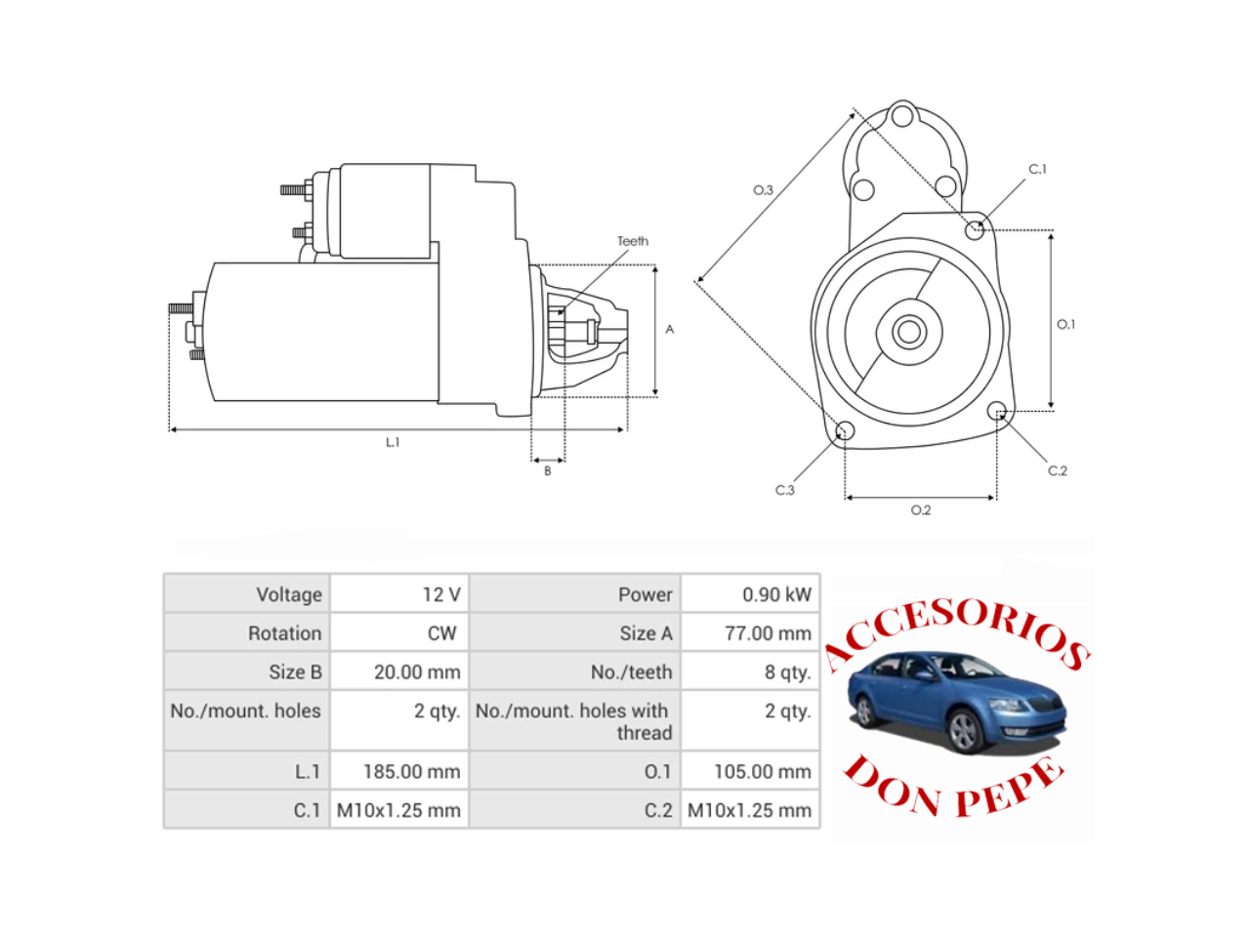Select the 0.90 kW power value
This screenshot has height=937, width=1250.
click(x=776, y=594)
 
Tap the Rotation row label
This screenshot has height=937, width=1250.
click(x=285, y=633)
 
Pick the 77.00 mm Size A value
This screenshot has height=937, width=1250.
click(x=768, y=633)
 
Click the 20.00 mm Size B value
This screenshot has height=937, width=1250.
click(x=417, y=672)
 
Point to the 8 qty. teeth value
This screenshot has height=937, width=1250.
click(x=787, y=672)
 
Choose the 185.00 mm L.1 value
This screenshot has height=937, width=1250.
click(x=412, y=771)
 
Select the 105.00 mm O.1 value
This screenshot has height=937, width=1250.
click(x=763, y=771)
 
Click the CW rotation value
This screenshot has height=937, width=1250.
click(x=442, y=633)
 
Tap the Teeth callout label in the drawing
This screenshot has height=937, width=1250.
click(x=633, y=241)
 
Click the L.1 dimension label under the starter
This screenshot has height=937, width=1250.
click(x=393, y=442)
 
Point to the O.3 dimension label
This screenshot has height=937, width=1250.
click(x=763, y=190)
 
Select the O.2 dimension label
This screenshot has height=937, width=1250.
click(x=920, y=510)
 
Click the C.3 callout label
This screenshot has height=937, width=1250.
click(x=785, y=490)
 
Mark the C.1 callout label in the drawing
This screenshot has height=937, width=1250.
click(x=1037, y=169)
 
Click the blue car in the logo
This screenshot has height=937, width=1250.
click(x=956, y=703)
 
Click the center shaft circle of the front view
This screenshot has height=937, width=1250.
click(x=909, y=332)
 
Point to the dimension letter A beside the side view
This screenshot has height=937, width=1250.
click(x=670, y=329)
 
